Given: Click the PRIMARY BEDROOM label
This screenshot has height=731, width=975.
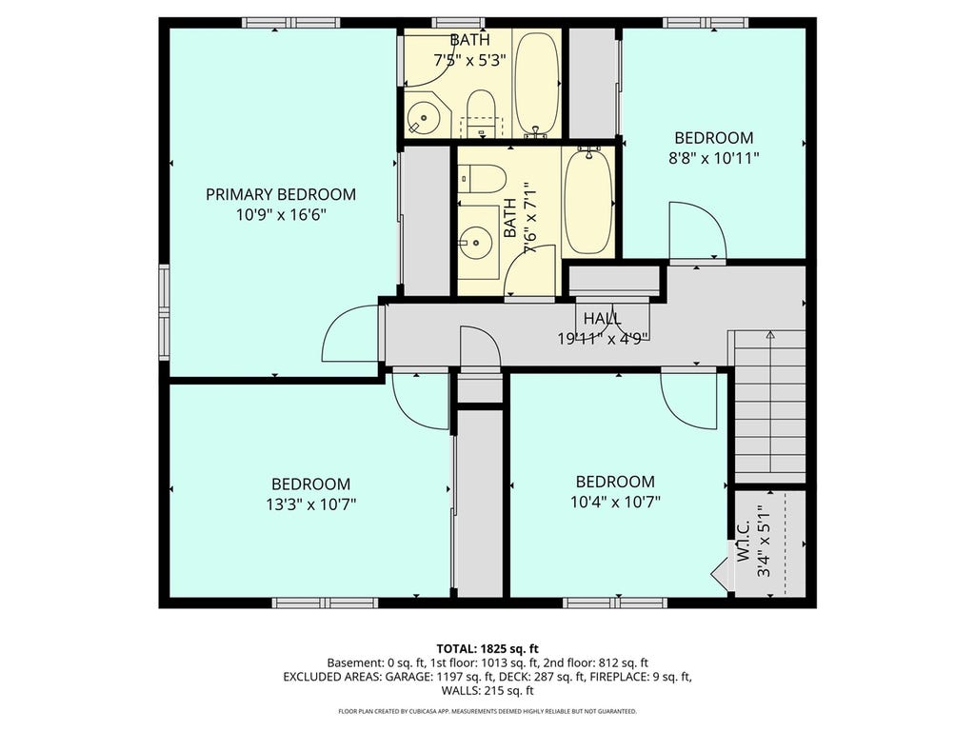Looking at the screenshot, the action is [x=281, y=194].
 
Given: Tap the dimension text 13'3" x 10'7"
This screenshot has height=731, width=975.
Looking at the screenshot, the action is [x=311, y=504].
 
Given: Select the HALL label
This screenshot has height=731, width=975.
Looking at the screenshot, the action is [x=602, y=319].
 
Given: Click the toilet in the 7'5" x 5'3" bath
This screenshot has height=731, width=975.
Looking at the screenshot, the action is [x=480, y=114].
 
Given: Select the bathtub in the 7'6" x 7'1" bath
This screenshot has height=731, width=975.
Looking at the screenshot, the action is [x=587, y=200].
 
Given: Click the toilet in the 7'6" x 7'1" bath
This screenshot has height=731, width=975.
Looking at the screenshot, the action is [x=483, y=179].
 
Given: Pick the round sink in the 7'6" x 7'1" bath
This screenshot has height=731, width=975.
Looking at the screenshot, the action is [x=478, y=240].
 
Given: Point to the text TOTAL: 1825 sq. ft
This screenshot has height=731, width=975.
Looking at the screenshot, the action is [x=487, y=649].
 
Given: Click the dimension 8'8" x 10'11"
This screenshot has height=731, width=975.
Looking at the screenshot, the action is [x=714, y=159].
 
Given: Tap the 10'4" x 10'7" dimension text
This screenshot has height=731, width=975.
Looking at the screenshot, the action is [x=616, y=502].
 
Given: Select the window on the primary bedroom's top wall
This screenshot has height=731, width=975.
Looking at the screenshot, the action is [x=291, y=23].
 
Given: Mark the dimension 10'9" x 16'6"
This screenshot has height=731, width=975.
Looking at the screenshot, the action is [x=281, y=216].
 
